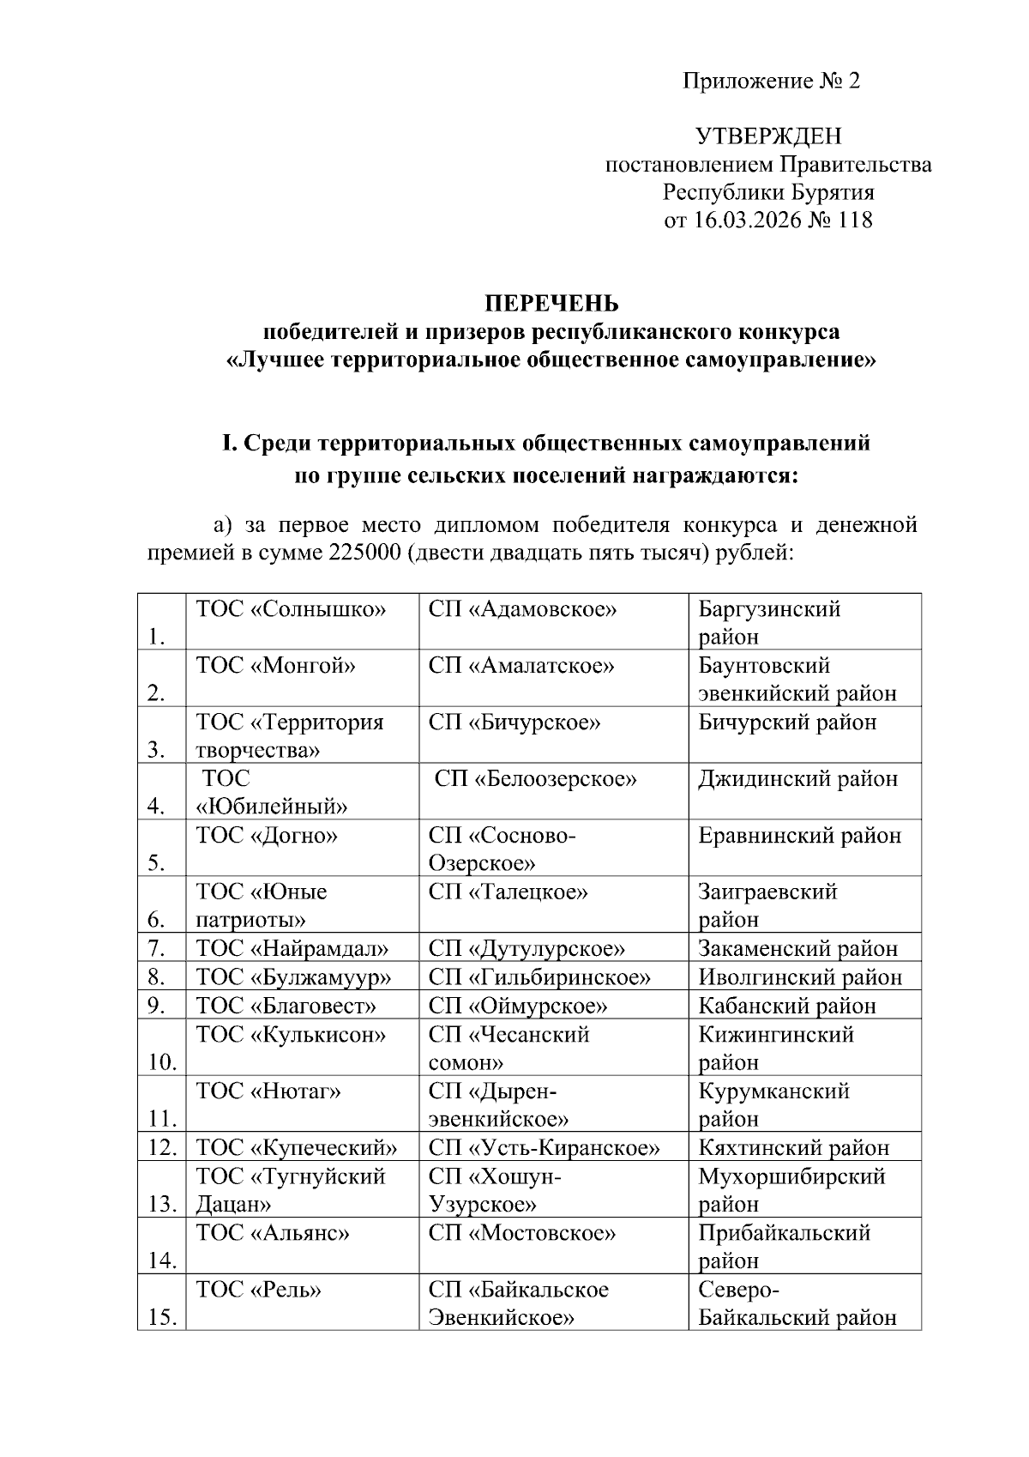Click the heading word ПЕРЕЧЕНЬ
click(551, 304)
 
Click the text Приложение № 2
click(771, 82)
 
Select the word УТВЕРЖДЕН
click(768, 136)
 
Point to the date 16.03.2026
click(745, 221)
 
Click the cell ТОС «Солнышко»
click(292, 610)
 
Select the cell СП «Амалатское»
click(521, 667)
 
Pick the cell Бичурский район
click(787, 722)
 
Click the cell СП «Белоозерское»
click(536, 779)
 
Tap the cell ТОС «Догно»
click(267, 836)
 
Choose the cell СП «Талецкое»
click(508, 892)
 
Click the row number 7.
click(155, 949)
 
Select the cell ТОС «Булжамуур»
click(293, 977)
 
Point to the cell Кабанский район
click(787, 1006)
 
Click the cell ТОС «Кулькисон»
click(291, 1035)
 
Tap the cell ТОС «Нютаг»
click(268, 1091)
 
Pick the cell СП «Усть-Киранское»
click(545, 1148)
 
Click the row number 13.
click(161, 1204)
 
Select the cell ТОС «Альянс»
click(273, 1233)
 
